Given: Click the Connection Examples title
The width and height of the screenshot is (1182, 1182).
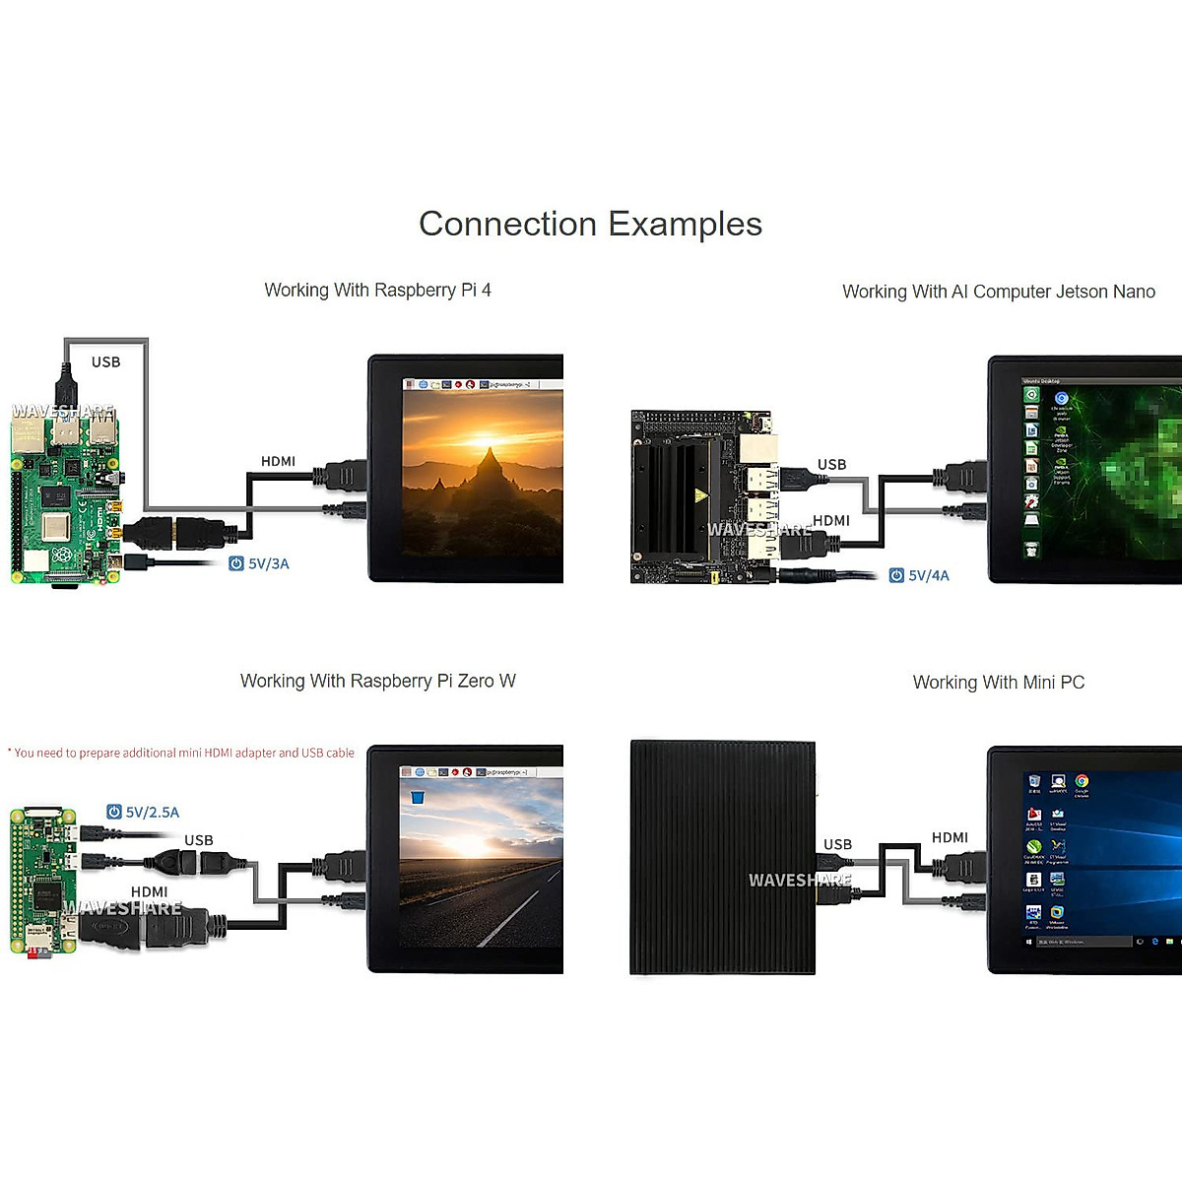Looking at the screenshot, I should click(590, 225).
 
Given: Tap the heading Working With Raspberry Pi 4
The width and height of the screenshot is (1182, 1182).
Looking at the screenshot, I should click(377, 291).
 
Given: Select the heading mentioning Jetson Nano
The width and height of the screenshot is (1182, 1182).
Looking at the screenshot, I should click(998, 292).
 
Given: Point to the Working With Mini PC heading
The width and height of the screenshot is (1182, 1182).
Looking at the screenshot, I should click(998, 683).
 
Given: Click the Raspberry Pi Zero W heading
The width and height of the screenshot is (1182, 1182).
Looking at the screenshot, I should click(377, 682).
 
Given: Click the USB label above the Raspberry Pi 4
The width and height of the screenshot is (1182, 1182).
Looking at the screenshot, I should click(105, 362).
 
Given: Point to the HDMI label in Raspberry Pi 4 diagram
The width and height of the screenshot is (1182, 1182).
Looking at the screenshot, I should click(278, 461).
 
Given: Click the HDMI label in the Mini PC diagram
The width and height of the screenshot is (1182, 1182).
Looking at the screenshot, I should click(950, 838).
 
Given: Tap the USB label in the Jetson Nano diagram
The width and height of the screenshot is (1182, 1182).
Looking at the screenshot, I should click(831, 465).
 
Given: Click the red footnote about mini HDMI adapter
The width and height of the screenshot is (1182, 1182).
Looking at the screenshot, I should click(182, 754).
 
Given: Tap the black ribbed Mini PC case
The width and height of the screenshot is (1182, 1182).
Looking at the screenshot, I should click(722, 857).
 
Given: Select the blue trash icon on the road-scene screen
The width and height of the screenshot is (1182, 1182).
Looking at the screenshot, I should click(418, 797).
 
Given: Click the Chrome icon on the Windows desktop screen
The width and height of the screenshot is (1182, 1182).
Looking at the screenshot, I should click(1082, 782).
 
